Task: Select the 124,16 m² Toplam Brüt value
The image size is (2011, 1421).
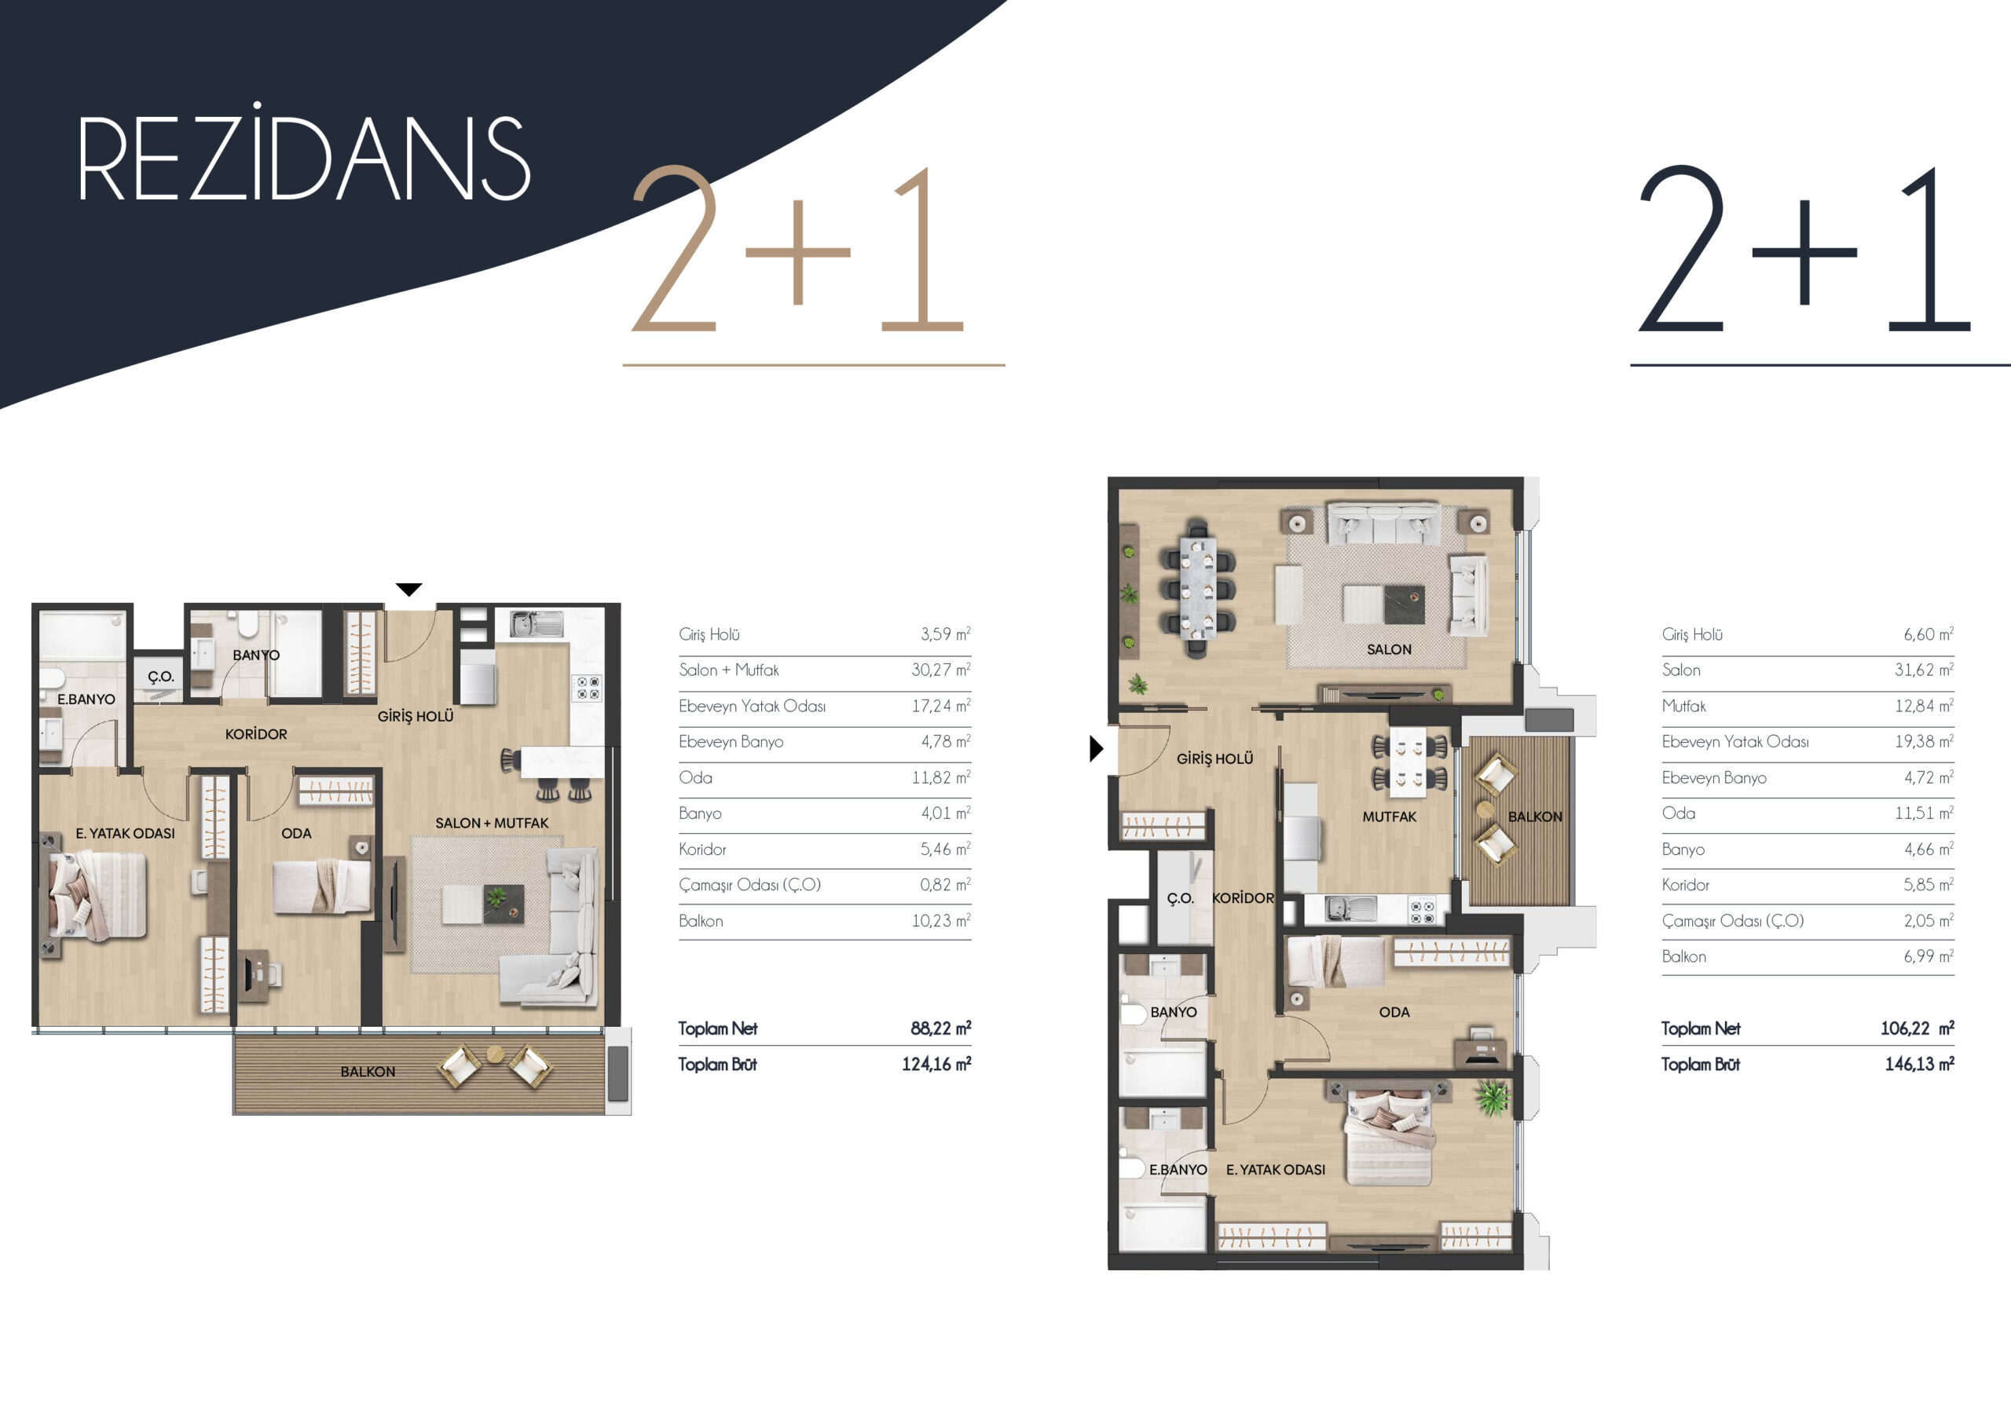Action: [936, 1064]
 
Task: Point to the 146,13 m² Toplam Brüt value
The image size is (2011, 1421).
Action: [1919, 1064]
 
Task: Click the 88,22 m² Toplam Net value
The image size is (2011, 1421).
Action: [940, 1028]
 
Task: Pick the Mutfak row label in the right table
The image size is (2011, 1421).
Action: [1683, 706]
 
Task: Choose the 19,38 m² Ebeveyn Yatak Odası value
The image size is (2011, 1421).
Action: [1925, 742]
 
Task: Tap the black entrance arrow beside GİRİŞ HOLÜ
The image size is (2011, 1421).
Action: [1096, 749]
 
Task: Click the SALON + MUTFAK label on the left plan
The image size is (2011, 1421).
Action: [493, 823]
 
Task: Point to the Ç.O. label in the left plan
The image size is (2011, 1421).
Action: [161, 677]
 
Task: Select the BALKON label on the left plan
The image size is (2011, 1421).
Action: [368, 1072]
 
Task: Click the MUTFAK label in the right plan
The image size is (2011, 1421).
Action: [1389, 816]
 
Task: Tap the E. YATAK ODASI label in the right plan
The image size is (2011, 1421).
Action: [1275, 1170]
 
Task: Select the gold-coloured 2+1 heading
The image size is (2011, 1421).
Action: [799, 250]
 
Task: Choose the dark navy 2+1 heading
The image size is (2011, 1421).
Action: [1804, 250]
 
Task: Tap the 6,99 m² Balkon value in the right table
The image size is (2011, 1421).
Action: [1928, 956]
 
